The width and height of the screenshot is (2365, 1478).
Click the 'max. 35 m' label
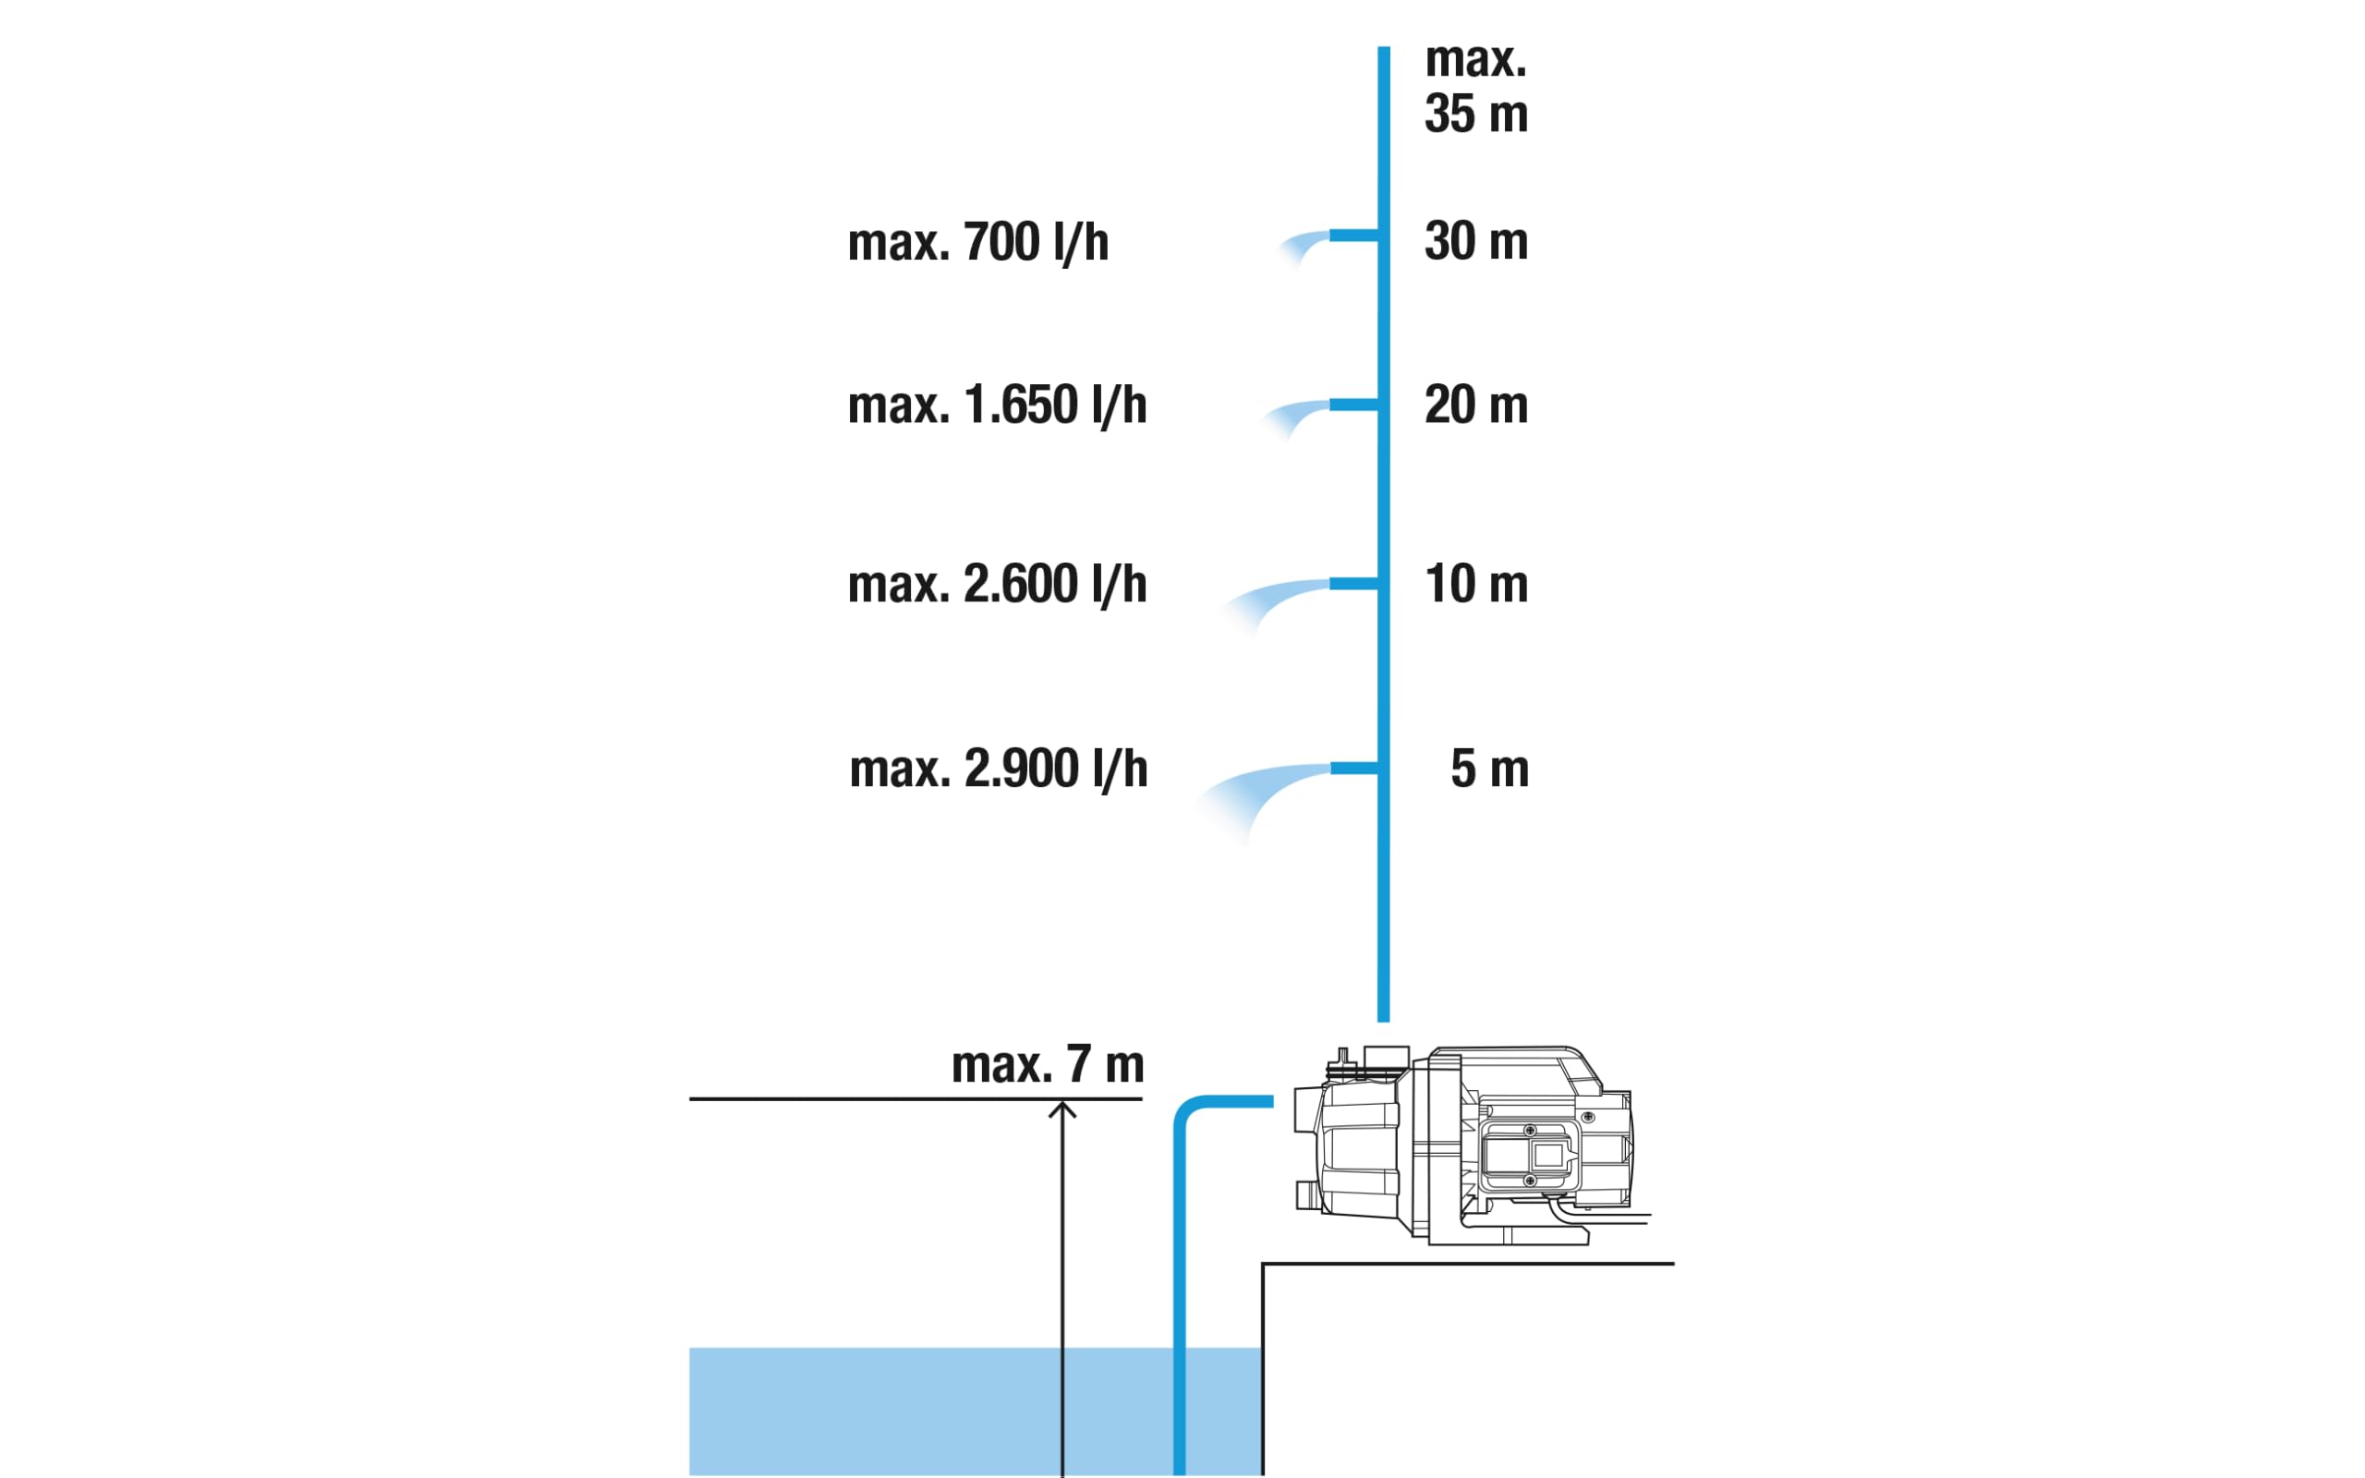(1475, 87)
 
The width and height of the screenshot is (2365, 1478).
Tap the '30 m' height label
(1475, 240)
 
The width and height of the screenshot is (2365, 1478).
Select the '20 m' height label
(1475, 404)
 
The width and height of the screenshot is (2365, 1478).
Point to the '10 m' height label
(1475, 584)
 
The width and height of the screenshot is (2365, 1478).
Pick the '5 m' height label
(1489, 769)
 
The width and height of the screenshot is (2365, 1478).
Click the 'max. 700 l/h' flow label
(978, 242)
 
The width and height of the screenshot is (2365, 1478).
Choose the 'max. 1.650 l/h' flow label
(997, 406)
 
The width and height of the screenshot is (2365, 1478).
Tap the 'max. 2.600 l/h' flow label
(997, 585)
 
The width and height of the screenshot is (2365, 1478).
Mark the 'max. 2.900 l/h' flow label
(998, 769)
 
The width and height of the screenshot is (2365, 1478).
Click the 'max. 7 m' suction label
(1047, 1064)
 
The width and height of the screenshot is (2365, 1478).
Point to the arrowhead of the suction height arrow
(1062, 1104)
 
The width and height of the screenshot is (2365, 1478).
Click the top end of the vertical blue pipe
(1384, 49)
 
